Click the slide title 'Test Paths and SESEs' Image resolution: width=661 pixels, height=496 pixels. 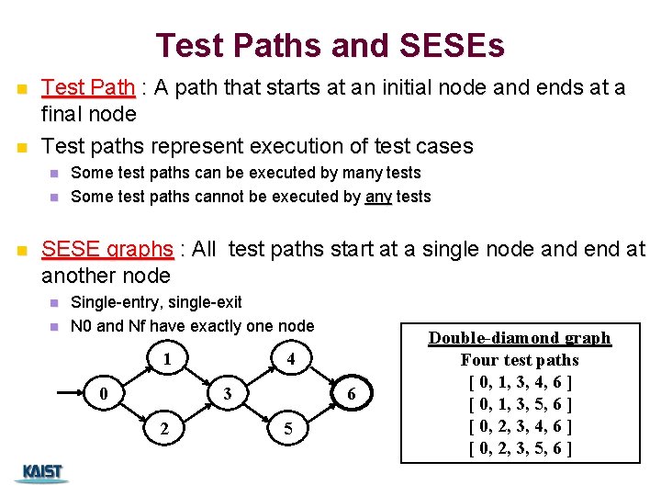pyautogui.click(x=330, y=45)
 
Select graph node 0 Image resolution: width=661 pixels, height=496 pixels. pyautogui.click(x=106, y=394)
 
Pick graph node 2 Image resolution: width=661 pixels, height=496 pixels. pyautogui.click(x=164, y=429)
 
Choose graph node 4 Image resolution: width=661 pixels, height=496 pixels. pyautogui.click(x=290, y=358)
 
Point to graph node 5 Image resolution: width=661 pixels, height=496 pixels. pyautogui.click(x=287, y=429)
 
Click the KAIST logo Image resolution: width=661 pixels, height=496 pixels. pyautogui.click(x=42, y=473)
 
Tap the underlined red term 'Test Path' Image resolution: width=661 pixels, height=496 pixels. pyautogui.click(x=88, y=88)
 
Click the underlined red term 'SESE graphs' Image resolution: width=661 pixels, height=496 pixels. pyautogui.click(x=107, y=250)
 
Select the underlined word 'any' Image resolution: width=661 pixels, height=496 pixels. pyautogui.click(x=378, y=197)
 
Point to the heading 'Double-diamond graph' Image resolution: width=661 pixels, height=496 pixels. pyautogui.click(x=520, y=338)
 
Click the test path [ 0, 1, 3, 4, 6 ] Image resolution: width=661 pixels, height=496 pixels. pyautogui.click(x=520, y=382)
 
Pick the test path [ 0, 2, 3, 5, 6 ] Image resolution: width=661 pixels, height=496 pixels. pyautogui.click(x=520, y=448)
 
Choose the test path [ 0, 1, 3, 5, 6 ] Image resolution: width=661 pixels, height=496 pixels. pyautogui.click(x=520, y=404)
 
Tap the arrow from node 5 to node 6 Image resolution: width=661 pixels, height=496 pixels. pyautogui.click(x=321, y=414)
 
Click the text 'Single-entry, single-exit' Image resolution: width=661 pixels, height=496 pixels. pyautogui.click(x=156, y=302)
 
